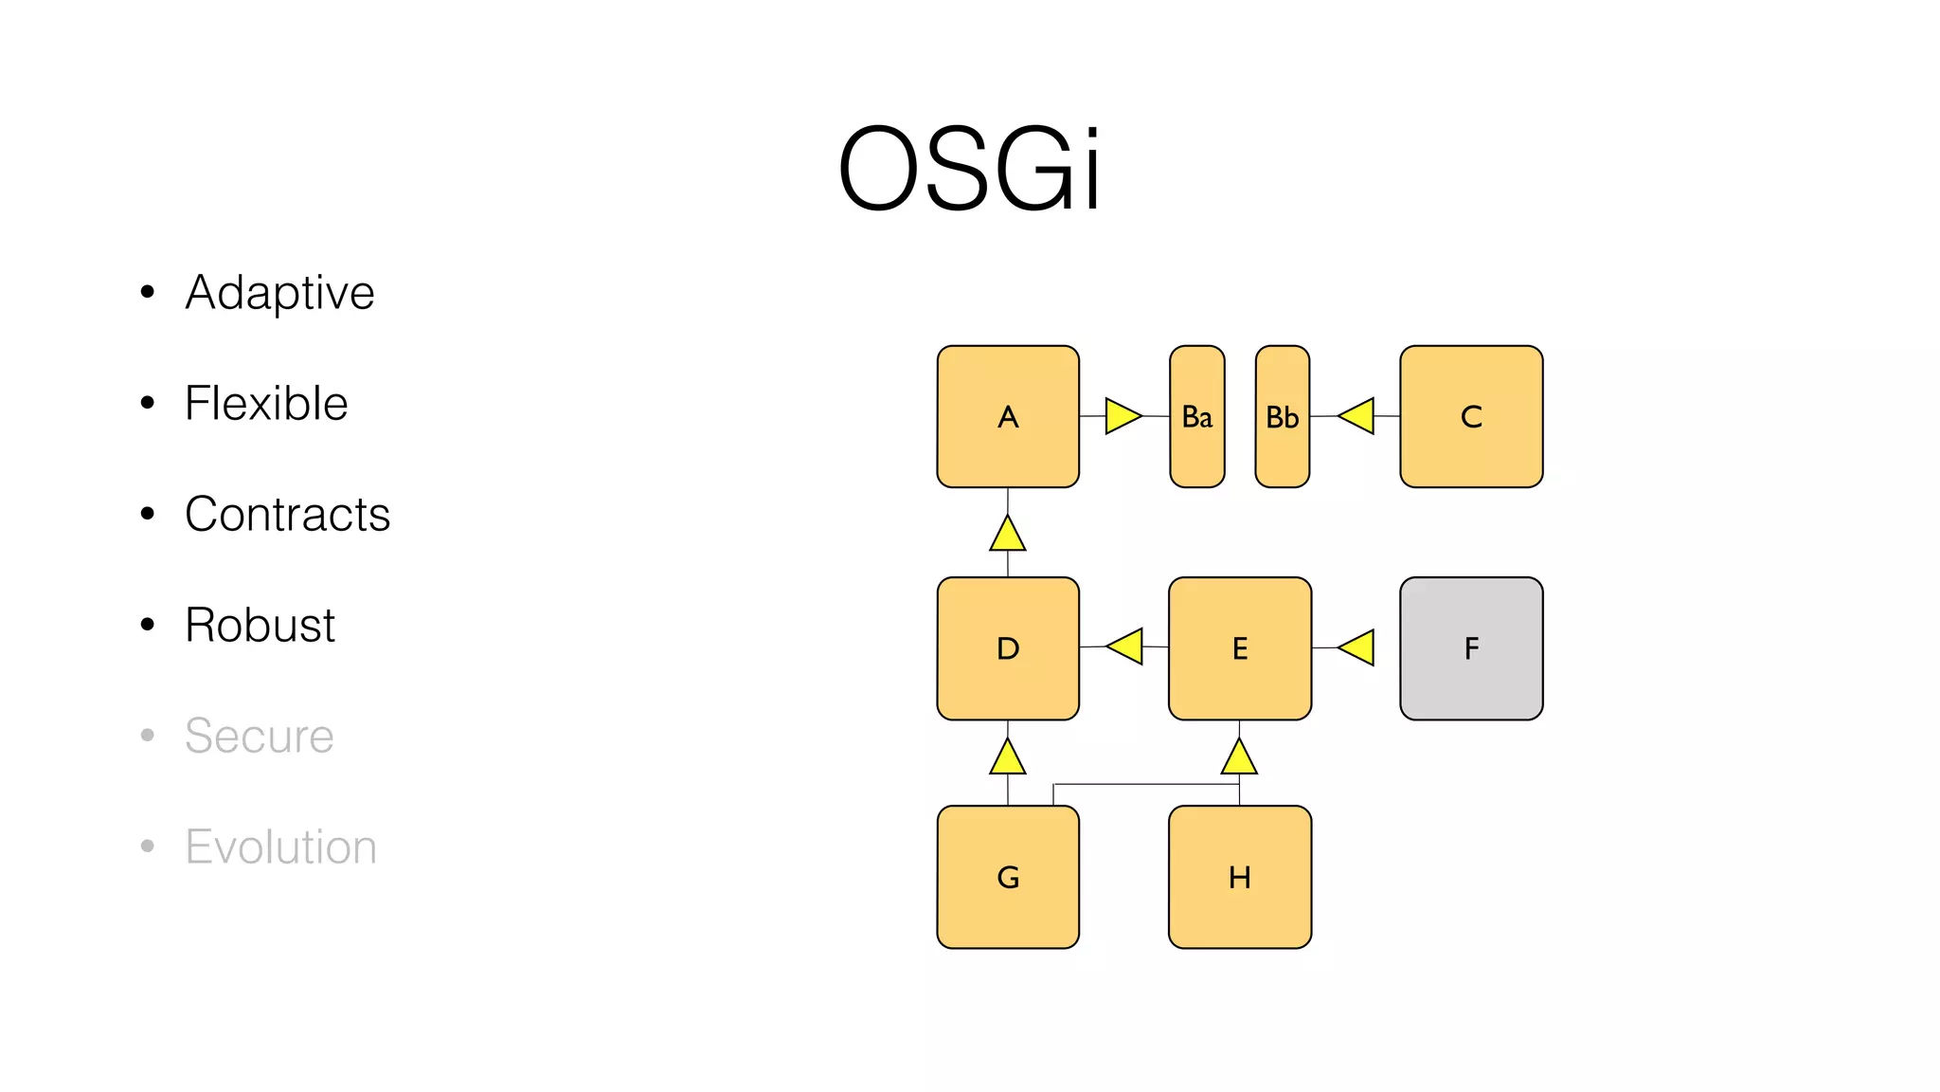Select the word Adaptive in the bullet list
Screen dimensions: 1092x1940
[x=279, y=292]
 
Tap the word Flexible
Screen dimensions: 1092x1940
[x=266, y=403]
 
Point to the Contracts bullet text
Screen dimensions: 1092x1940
[x=287, y=514]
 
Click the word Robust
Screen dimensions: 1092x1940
[x=260, y=625]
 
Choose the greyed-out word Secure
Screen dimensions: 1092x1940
[x=259, y=736]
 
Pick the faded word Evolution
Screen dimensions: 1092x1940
[x=280, y=846]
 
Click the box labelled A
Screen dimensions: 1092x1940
[x=1008, y=416]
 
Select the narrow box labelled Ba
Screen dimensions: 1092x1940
[x=1196, y=416]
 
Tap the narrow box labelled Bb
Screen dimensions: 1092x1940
[x=1282, y=416]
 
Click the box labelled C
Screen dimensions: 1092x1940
[x=1471, y=416]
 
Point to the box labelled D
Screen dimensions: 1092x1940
[x=1008, y=648]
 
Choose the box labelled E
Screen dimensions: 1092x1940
[x=1239, y=648]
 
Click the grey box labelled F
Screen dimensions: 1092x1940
[x=1471, y=648]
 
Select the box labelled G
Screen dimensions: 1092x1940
[x=1008, y=877]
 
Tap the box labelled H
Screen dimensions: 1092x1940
[x=1239, y=877]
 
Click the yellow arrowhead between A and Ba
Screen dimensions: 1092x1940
[x=1122, y=416]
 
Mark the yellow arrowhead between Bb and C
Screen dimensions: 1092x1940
[x=1357, y=416]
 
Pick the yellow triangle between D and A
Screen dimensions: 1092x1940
[x=1008, y=535]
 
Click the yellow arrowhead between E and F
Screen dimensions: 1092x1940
[x=1357, y=647]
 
